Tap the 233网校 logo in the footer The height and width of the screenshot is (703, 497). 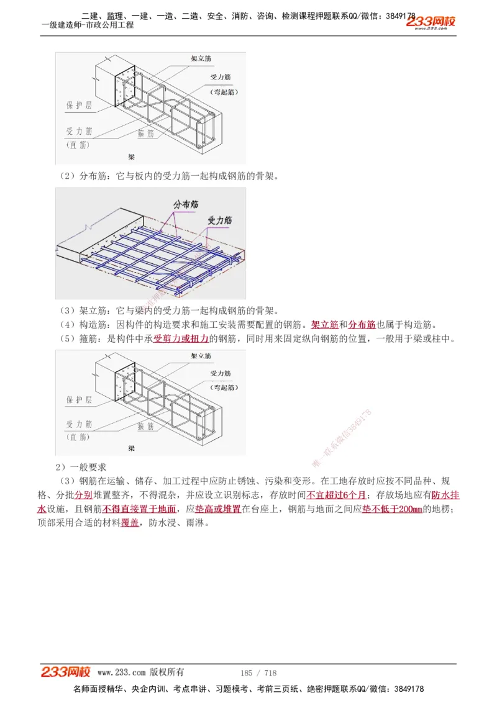(66, 671)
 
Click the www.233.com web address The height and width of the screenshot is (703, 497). (122, 672)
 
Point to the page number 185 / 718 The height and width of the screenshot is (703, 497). (258, 673)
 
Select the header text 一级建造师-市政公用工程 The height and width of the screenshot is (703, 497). (88, 25)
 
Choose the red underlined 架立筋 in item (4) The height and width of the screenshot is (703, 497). (324, 325)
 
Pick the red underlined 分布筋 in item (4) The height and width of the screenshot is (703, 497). (362, 325)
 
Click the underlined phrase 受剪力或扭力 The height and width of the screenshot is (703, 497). (181, 339)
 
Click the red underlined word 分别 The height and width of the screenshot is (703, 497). (84, 495)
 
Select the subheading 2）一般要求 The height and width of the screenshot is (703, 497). (81, 466)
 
